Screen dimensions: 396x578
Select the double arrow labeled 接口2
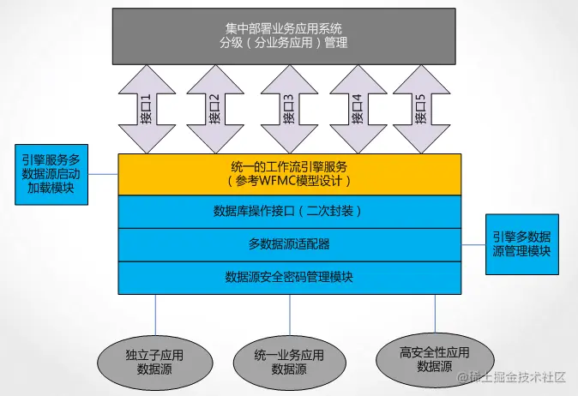(x=214, y=109)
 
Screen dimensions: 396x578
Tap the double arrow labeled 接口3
(x=287, y=109)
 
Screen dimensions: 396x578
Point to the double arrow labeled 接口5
(x=421, y=109)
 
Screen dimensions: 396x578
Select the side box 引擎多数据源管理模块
(x=521, y=244)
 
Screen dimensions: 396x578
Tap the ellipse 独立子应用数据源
(x=154, y=361)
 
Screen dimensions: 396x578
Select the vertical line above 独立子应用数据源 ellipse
(x=155, y=313)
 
